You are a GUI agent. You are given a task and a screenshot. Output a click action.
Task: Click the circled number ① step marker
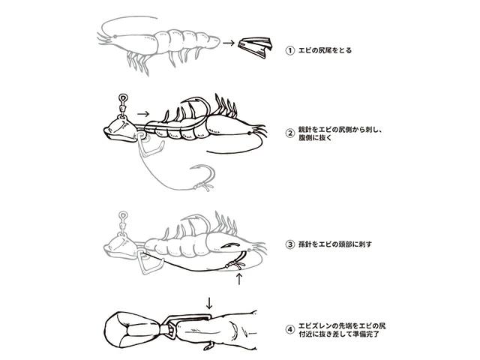[289, 50]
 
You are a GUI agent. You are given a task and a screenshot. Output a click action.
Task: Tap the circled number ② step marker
[289, 133]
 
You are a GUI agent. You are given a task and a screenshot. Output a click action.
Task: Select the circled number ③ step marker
[289, 244]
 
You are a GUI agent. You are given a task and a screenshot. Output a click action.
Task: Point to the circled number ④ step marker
[289, 330]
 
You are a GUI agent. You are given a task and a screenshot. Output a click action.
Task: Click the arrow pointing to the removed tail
[229, 43]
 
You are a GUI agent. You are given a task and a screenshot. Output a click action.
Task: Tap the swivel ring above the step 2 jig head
[123, 98]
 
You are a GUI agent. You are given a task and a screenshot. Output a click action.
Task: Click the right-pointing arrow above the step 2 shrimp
[143, 114]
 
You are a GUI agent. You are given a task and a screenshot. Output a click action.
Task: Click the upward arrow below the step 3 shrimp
[240, 279]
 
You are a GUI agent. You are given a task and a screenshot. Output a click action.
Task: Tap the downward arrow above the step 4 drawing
[209, 302]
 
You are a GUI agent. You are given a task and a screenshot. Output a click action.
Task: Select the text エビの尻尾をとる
[325, 50]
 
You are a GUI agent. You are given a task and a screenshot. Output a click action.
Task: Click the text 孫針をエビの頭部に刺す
[335, 244]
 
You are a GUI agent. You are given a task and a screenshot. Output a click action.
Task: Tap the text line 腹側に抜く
[315, 138]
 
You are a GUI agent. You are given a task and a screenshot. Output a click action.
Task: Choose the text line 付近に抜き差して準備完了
[339, 334]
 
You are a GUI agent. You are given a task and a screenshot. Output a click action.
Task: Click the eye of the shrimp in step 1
[115, 37]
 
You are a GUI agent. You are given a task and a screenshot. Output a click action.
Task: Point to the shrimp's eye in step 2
[250, 133]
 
